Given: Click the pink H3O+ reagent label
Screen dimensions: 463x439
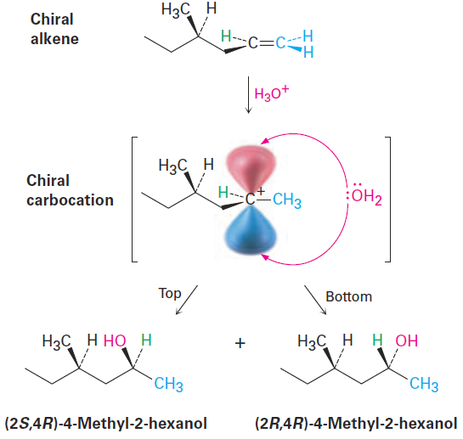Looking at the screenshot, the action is (271, 93).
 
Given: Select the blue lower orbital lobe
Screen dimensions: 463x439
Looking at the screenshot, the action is (251, 230).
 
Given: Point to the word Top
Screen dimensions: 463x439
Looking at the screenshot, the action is (170, 294).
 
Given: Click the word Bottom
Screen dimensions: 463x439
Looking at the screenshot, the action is (348, 296).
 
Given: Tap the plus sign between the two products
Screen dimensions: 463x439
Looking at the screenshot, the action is (240, 343).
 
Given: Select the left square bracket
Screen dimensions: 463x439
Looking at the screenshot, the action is (134, 200).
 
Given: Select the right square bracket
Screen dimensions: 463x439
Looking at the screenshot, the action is (388, 200).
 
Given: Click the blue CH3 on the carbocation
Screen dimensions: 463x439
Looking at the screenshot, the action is (287, 200).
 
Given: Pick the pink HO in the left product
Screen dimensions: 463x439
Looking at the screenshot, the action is (115, 341).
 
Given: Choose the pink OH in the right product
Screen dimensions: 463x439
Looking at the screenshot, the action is (407, 341).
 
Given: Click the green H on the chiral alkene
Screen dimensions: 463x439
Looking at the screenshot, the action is (226, 37).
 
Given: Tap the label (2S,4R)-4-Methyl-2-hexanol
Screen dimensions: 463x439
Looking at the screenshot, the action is (106, 423).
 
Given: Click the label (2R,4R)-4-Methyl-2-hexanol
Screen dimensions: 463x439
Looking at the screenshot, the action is (356, 423).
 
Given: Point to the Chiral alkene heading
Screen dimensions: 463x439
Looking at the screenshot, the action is (54, 29).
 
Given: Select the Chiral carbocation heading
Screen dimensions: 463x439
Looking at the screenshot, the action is (70, 190).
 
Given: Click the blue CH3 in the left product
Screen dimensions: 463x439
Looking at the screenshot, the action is (168, 384).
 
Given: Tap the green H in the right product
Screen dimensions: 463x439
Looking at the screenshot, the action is (378, 341).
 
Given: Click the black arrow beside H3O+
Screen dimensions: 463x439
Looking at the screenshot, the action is (249, 95).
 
